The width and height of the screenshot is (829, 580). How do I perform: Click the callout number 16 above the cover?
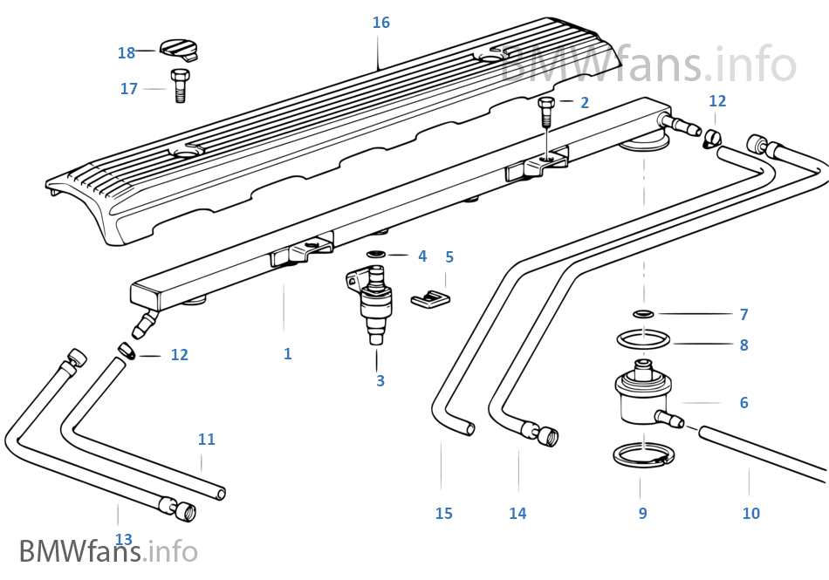click(380, 23)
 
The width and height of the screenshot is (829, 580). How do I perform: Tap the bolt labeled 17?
click(181, 85)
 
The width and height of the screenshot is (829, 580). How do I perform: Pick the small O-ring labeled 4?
click(375, 255)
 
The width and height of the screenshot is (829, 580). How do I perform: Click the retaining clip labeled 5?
click(429, 297)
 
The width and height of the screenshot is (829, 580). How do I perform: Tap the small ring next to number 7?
click(642, 314)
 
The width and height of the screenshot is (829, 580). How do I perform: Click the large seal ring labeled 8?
click(643, 338)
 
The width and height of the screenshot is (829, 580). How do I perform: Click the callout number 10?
click(750, 514)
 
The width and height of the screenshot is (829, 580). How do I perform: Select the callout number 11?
click(206, 440)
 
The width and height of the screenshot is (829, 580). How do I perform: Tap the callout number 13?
click(123, 540)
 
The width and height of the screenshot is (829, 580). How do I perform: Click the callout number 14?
click(517, 514)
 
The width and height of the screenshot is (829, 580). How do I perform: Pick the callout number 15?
click(443, 514)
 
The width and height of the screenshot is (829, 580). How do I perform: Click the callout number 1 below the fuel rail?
click(287, 354)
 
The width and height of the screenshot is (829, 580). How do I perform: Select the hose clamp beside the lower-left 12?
click(126, 351)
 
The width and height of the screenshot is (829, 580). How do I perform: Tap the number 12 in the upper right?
click(716, 101)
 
